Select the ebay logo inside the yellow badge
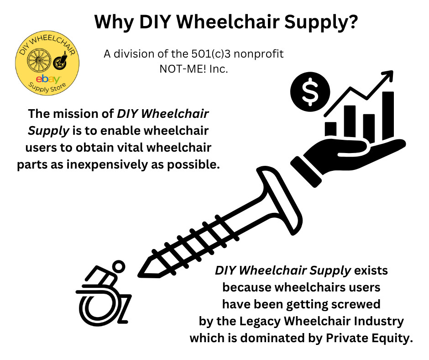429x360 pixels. (x=48, y=79)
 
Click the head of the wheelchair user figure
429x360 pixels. (x=119, y=266)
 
